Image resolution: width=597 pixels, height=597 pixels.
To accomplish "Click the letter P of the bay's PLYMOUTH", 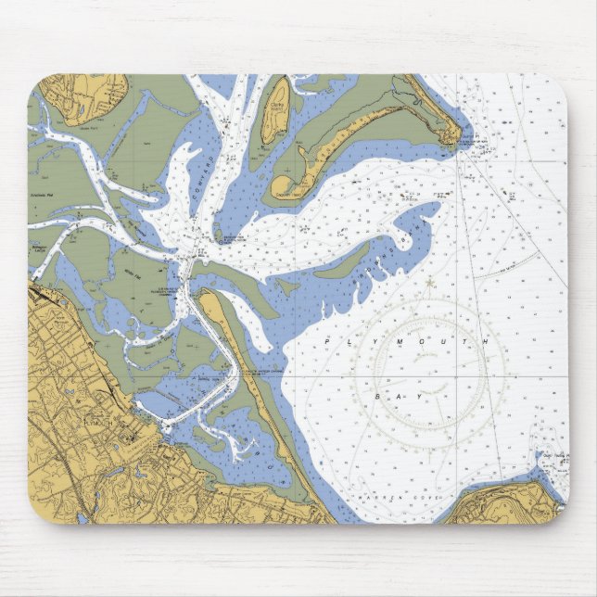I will [x=328, y=343].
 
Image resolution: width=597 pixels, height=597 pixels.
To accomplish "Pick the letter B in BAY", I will [x=378, y=396].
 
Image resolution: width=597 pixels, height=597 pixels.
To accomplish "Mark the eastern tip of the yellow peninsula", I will [x=451, y=136].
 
